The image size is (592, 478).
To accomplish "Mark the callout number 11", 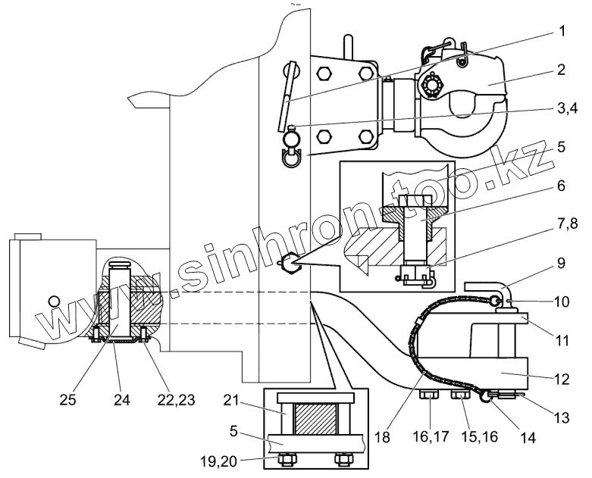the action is coord(562,340).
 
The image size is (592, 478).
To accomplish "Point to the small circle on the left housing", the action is coord(53,301).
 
